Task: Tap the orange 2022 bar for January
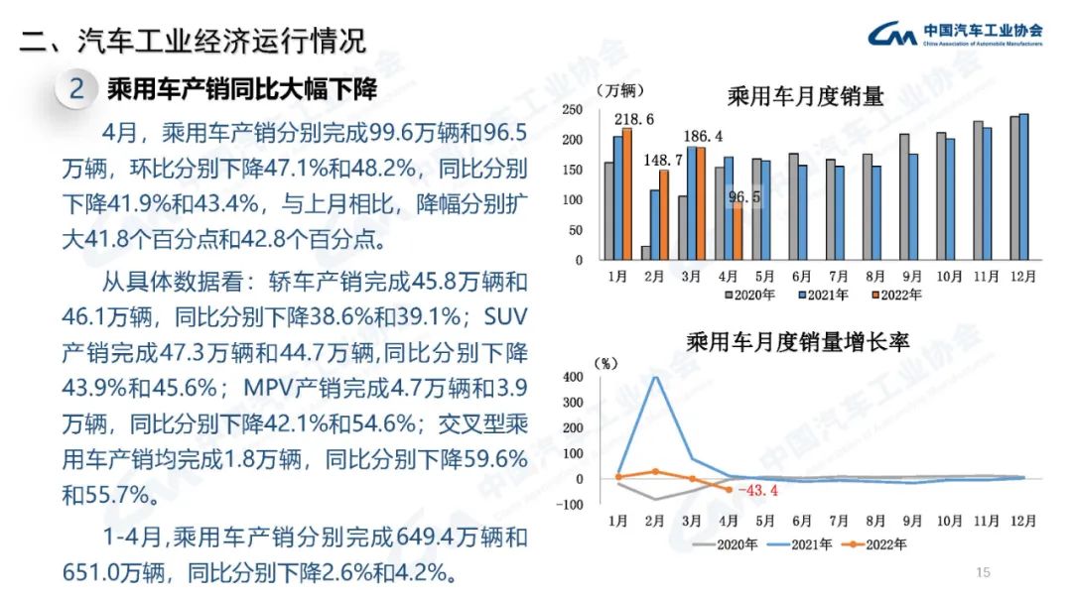coord(627,193)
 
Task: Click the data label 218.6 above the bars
coord(634,120)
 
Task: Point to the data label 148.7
coord(663,161)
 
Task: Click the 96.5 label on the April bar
coord(743,197)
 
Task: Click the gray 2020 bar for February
coord(645,253)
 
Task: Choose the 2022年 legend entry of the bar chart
coord(894,294)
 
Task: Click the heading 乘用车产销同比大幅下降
coord(242,89)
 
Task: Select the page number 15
coord(984,572)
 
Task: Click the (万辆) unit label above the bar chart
coord(619,90)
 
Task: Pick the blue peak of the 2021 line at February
coord(654,377)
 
